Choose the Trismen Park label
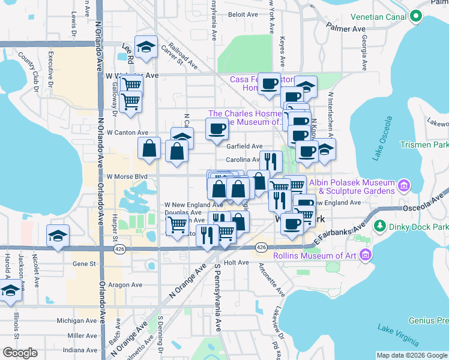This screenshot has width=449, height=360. tap(427, 145)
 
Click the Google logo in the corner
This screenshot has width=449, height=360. tap(20, 353)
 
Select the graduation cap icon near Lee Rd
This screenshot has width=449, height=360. tap(145, 48)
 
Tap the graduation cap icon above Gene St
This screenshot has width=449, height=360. tap(58, 235)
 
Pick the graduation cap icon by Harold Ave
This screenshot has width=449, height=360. tap(10, 292)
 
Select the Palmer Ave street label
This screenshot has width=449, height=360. tap(346, 28)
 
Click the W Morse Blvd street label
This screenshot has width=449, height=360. tap(127, 177)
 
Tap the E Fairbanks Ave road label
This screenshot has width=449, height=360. tap(340, 233)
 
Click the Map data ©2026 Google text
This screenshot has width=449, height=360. tap(411, 355)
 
